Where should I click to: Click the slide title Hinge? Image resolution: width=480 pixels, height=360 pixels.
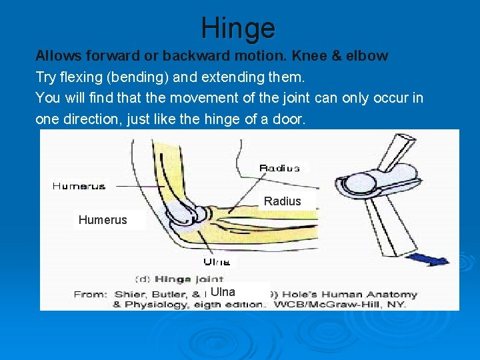coord(238,28)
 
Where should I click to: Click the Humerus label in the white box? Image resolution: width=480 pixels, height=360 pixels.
coord(103,219)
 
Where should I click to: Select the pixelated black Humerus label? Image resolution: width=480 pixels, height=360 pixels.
coord(79,186)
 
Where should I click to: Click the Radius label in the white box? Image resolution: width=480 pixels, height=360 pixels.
coord(282,201)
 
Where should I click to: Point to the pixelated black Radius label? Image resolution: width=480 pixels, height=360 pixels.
coord(279,168)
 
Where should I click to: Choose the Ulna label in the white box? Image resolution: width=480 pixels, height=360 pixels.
coord(223,292)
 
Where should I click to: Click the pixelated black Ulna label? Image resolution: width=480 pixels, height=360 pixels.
coord(217,262)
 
